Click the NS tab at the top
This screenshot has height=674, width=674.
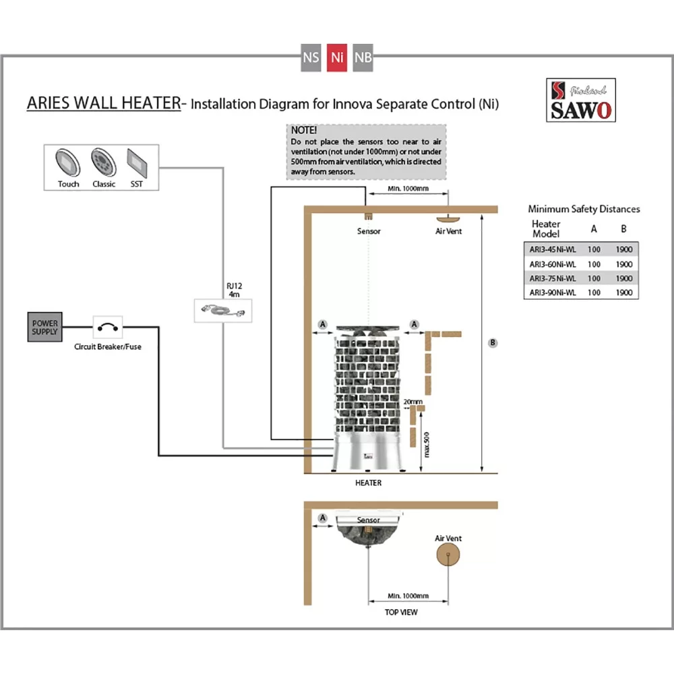tap(311, 58)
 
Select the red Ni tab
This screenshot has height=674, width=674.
tap(337, 58)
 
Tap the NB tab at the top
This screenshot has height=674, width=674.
tap(363, 58)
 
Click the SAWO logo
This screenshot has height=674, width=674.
tap(580, 100)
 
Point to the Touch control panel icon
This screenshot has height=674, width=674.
tap(68, 161)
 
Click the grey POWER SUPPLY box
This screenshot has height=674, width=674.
tap(45, 328)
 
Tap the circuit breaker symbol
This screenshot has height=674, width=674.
tap(108, 328)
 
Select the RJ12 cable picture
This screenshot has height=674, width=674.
tap(222, 311)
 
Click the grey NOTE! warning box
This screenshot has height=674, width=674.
tap(366, 151)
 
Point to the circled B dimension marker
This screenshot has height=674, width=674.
tap(493, 342)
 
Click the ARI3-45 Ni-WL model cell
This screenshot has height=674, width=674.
tap(552, 248)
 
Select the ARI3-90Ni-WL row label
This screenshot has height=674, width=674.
tap(552, 292)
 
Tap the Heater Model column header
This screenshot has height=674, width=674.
tap(546, 228)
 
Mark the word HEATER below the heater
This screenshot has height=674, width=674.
tap(368, 483)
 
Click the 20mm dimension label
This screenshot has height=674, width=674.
tap(412, 402)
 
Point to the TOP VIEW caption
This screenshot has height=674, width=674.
tap(401, 612)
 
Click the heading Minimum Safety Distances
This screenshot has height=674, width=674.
tap(584, 209)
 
